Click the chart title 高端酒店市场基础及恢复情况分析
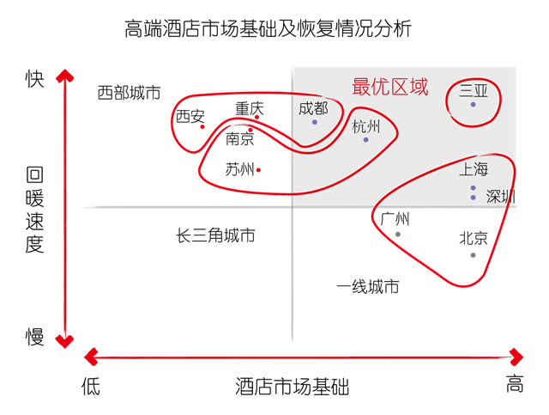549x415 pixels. point(268,28)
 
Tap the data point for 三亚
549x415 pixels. point(473,105)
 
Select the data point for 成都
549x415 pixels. point(315,122)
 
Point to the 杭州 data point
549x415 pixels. point(366,140)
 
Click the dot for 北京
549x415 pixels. point(473,255)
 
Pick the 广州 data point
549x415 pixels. point(398,235)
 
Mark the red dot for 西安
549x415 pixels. point(202,126)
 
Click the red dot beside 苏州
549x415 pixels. point(258,170)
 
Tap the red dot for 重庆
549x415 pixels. point(257,117)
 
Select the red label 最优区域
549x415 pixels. point(390,87)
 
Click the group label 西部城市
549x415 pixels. point(129,93)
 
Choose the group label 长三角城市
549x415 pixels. point(215,235)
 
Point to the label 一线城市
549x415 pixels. point(368,287)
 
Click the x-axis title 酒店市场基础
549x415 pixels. point(292,387)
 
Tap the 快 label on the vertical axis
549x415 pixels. point(34,78)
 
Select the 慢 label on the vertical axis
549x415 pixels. point(34,337)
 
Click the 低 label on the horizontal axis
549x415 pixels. point(91,387)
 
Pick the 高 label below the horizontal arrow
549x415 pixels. point(515,383)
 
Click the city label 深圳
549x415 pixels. point(501,197)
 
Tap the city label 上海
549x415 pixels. point(474,169)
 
